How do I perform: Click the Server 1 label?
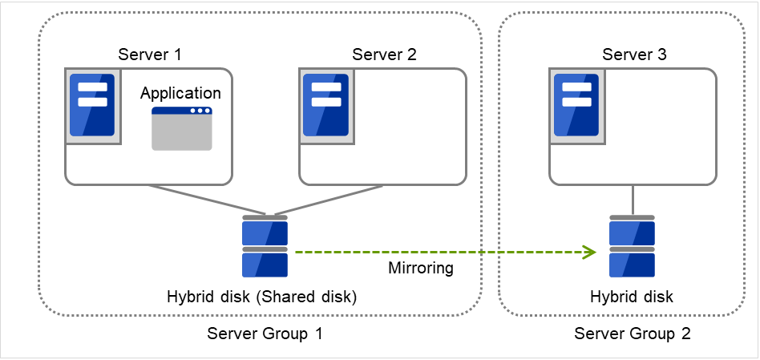[x=150, y=55]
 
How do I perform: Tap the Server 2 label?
[x=384, y=55]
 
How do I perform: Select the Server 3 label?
[x=634, y=55]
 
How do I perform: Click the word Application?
[x=180, y=93]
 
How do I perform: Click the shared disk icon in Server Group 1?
[x=265, y=246]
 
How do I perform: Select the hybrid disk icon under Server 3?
[x=632, y=246]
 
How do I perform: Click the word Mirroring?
[x=421, y=269]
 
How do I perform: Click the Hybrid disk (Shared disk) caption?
[x=261, y=297]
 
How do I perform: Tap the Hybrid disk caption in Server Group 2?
[x=632, y=297]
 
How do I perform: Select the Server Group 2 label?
[x=632, y=334]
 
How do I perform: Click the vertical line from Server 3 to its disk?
[x=633, y=200]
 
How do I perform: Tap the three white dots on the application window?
[x=200, y=111]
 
